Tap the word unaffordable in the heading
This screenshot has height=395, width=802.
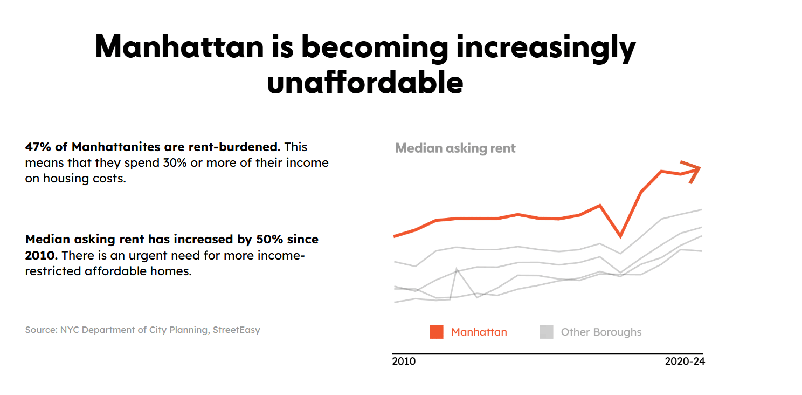pyautogui.click(x=365, y=83)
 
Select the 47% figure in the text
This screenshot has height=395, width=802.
pyautogui.click(x=36, y=147)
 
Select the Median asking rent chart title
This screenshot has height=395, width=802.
pyautogui.click(x=455, y=148)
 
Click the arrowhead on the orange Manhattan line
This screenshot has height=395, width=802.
pyautogui.click(x=693, y=171)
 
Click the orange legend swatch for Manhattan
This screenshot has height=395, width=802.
pyautogui.click(x=436, y=332)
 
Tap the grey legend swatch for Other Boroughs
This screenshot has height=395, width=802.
pyautogui.click(x=546, y=332)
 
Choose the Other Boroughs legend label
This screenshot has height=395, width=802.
pyautogui.click(x=601, y=332)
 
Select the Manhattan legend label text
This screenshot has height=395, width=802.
pyautogui.click(x=479, y=332)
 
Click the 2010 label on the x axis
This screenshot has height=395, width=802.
pyautogui.click(x=404, y=361)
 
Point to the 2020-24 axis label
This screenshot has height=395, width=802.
pyautogui.click(x=685, y=361)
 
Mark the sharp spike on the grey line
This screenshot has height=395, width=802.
pyautogui.click(x=457, y=269)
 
